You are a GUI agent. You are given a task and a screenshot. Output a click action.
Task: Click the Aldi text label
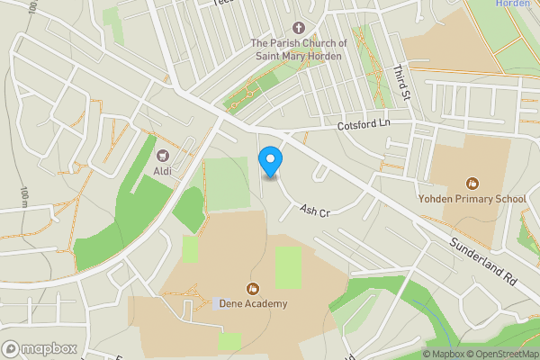[163, 171]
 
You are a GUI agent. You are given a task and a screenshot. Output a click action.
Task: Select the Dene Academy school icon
[253, 289]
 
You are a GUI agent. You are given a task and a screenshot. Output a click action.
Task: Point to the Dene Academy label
[253, 303]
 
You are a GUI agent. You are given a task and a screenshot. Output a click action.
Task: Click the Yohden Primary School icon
[472, 183]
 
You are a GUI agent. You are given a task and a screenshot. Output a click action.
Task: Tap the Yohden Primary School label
[472, 198]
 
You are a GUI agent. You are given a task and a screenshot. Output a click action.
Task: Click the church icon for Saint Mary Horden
[299, 29]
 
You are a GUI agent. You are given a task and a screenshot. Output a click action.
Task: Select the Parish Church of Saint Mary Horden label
[298, 49]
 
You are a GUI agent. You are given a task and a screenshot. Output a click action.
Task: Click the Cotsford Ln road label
[366, 125]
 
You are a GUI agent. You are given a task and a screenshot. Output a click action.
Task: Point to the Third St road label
[402, 81]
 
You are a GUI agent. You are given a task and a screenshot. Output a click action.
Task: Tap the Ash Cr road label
[316, 210]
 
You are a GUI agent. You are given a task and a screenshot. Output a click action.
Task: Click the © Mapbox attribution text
[446, 354]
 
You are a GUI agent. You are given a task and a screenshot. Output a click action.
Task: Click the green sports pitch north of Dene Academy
[288, 267]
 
